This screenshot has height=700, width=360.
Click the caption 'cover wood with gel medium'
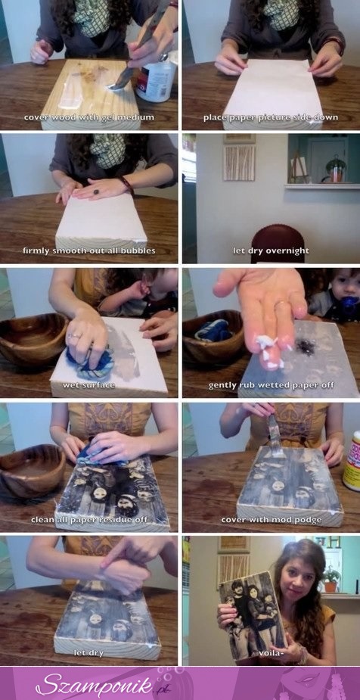click(x=88, y=117)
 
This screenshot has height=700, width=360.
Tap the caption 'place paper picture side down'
click(x=270, y=117)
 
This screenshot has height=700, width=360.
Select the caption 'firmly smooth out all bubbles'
click(x=88, y=250)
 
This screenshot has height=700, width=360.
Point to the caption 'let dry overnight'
click(x=270, y=250)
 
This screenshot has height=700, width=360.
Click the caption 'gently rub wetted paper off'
click(x=270, y=385)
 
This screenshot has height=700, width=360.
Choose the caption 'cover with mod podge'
click(x=272, y=520)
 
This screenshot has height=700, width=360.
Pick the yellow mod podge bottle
click(x=352, y=460)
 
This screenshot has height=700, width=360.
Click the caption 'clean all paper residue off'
click(x=88, y=520)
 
